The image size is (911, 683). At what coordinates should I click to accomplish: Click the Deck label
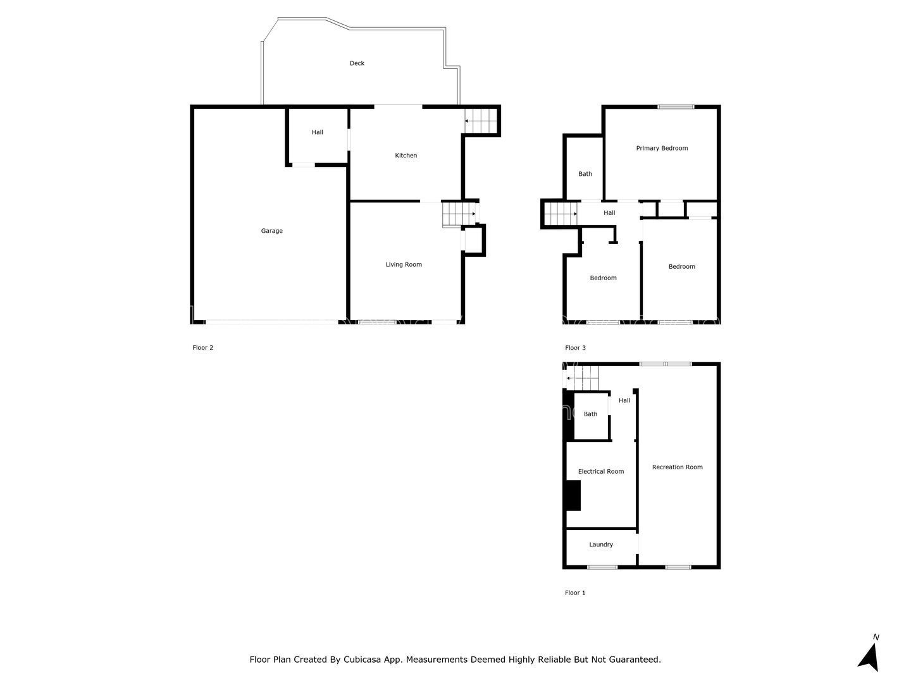click(x=357, y=63)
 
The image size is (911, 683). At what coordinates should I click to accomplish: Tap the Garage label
click(x=272, y=231)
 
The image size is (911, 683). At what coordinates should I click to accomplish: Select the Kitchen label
click(x=406, y=155)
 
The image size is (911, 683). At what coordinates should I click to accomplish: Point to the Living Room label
click(x=404, y=264)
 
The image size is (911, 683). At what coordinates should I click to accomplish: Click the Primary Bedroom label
click(x=662, y=148)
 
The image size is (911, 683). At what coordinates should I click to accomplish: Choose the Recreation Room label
click(x=677, y=467)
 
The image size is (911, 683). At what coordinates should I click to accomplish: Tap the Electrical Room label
click(x=600, y=471)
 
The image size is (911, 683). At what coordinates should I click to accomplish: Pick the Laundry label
click(x=600, y=545)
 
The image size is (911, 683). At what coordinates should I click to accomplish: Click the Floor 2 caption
click(x=202, y=348)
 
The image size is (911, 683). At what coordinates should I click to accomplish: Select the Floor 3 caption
click(x=575, y=348)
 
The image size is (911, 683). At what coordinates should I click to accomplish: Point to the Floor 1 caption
click(x=575, y=593)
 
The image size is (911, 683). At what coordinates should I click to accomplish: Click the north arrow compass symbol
click(x=869, y=655)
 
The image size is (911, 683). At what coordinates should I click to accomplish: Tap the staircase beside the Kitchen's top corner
click(x=481, y=121)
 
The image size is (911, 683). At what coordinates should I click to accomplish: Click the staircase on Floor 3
click(x=561, y=214)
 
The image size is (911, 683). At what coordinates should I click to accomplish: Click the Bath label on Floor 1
click(x=590, y=414)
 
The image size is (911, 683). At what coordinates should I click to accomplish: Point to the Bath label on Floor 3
click(x=585, y=174)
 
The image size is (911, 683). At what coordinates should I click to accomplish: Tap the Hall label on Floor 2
click(x=317, y=132)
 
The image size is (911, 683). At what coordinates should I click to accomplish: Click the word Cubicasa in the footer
click(x=362, y=660)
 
